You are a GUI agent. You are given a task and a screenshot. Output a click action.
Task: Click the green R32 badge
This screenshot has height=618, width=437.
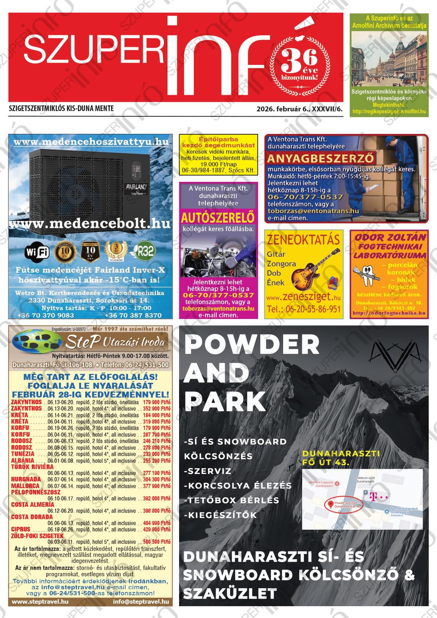click(144, 251)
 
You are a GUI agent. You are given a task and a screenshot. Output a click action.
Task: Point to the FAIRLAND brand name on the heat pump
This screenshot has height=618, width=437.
click(137, 186)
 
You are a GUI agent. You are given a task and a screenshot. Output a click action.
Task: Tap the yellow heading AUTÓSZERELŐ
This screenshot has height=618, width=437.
click(217, 218)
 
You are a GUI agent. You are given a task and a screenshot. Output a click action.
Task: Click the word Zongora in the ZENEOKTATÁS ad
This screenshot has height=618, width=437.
click(281, 264)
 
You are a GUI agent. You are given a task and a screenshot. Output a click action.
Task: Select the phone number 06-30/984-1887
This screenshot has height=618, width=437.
click(203, 170)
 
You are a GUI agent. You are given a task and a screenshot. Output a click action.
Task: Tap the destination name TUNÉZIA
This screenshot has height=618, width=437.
click(23, 454)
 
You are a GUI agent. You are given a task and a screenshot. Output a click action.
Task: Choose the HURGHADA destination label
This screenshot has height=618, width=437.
click(26, 479)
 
